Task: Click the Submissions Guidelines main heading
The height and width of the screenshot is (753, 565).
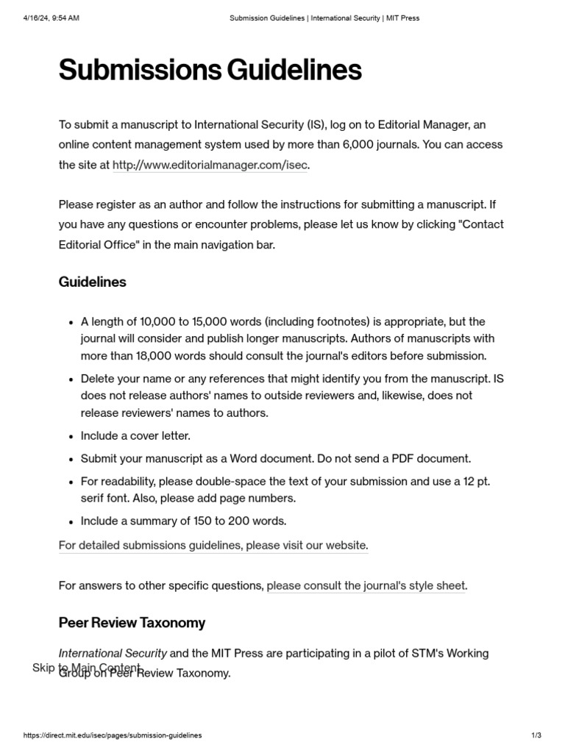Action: coord(210,71)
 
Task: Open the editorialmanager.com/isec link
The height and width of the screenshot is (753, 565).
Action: coord(210,165)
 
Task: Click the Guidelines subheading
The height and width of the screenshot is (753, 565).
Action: coord(92,282)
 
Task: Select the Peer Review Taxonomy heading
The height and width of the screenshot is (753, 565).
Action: coord(132,623)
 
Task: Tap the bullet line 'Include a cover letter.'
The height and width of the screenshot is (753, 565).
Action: coord(135,436)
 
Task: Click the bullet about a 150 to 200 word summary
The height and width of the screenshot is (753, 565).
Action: coord(183,521)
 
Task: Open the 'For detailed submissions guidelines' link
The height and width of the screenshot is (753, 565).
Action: coord(213,546)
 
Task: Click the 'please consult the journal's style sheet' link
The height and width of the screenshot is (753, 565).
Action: coord(366,586)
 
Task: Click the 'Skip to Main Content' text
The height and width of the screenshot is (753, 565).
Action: coord(86,668)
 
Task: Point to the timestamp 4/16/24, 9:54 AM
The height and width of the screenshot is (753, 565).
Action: coord(51,18)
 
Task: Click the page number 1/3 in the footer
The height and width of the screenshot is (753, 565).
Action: coord(536,735)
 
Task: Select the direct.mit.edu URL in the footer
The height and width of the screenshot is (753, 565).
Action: coord(113,735)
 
